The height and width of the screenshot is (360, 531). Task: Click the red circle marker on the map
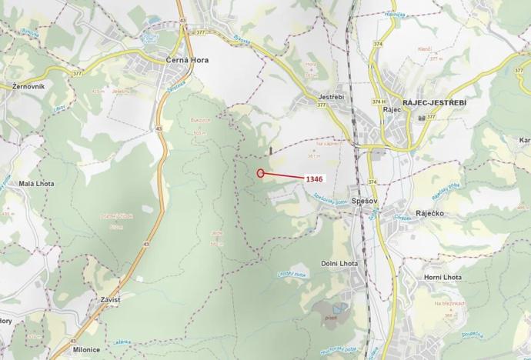tap(261, 173)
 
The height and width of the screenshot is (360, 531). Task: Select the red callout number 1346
tap(313, 178)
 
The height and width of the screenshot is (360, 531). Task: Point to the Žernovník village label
tap(28, 86)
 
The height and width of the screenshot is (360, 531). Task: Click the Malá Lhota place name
tap(36, 184)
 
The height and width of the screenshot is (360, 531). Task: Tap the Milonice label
tap(87, 349)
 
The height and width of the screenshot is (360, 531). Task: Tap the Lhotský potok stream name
tap(292, 275)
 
